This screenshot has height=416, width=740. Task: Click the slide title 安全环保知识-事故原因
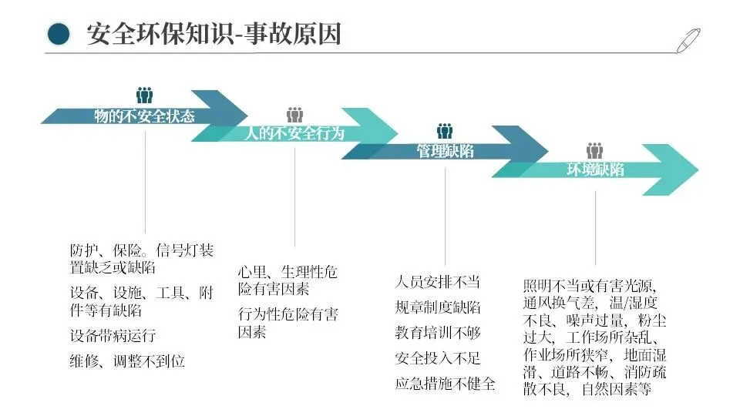214,34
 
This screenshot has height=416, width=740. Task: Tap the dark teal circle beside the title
59,34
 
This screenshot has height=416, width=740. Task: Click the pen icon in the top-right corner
688,39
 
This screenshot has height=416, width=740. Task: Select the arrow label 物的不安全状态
144,116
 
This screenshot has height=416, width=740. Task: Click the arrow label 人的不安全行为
294,133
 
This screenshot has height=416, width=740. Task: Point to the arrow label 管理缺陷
445,152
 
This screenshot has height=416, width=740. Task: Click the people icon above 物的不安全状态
144,96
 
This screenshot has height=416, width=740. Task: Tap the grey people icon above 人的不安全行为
294,115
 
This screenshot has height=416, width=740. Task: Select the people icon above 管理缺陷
445,132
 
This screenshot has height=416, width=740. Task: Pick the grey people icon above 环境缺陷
594,151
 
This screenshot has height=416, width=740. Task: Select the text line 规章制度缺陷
437,307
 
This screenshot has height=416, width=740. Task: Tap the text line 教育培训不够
437,333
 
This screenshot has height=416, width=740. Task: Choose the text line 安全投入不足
437,358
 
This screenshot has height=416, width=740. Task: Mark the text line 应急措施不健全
445,384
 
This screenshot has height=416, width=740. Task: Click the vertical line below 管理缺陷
445,216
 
